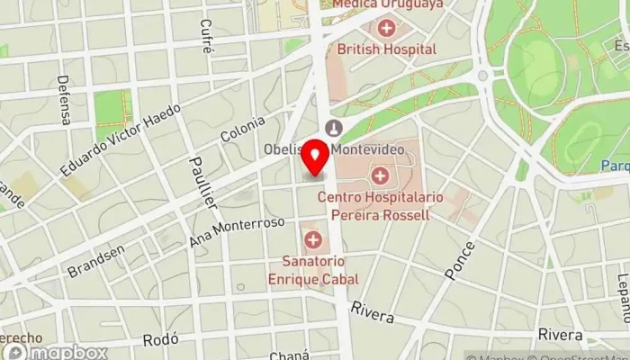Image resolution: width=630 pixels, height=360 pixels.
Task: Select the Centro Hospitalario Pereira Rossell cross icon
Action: [380, 175]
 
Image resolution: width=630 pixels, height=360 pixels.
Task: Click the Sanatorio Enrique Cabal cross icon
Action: [313, 239]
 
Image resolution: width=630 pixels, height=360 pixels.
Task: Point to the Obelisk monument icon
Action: [335, 127]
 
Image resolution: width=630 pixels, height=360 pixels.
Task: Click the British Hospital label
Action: [387, 49]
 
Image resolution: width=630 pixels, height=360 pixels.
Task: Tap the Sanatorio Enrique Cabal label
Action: [312, 269]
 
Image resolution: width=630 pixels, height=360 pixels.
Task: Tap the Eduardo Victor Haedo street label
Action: [121, 139]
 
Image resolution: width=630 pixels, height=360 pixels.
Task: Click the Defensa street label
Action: [65, 102]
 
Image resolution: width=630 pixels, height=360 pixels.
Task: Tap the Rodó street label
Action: [162, 340]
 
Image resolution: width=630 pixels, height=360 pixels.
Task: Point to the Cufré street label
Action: [207, 37]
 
